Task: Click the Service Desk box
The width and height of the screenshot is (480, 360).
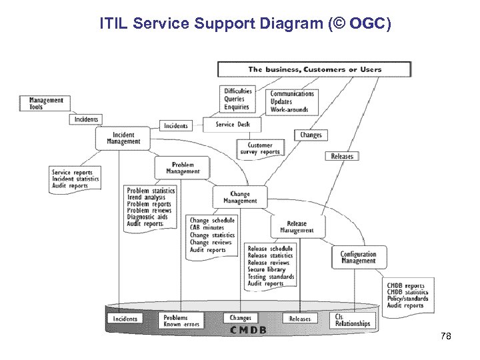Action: [x=233, y=124]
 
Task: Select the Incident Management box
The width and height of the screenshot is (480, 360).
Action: [x=123, y=138]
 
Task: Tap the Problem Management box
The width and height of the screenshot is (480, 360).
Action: [x=182, y=167]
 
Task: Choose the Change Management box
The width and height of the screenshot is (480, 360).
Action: [x=240, y=197]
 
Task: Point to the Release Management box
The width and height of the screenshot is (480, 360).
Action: [x=297, y=227]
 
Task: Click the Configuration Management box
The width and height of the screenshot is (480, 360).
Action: [x=358, y=257]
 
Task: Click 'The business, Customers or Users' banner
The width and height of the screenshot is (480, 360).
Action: [x=315, y=69]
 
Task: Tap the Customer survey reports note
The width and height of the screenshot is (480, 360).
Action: [x=259, y=149]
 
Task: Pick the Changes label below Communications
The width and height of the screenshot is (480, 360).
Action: [x=311, y=135]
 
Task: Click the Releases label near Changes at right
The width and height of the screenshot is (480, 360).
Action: [x=342, y=156]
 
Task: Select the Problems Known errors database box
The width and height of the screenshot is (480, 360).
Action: [x=181, y=321]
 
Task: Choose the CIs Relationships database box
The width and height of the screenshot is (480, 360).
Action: [x=353, y=321]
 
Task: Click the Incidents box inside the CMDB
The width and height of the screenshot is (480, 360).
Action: [x=125, y=319]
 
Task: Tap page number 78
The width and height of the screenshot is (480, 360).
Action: [x=446, y=337]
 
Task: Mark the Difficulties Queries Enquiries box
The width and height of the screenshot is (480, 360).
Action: [x=237, y=99]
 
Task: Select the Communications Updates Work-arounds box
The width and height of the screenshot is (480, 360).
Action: [x=291, y=101]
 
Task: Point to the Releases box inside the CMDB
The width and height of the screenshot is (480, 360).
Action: [x=300, y=319]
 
